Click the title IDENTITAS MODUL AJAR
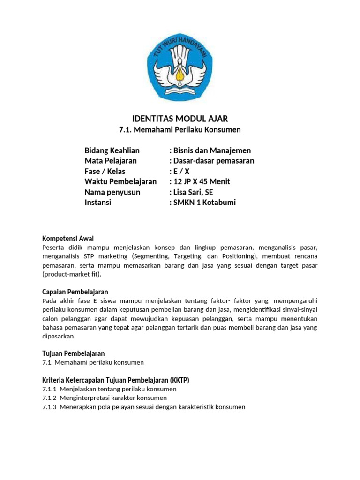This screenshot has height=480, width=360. (x=180, y=118)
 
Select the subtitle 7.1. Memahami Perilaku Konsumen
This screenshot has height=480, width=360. (x=180, y=129)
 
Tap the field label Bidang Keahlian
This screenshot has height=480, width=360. (x=112, y=150)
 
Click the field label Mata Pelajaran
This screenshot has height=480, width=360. (x=111, y=161)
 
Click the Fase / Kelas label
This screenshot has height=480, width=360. (x=105, y=171)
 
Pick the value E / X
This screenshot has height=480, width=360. (x=180, y=171)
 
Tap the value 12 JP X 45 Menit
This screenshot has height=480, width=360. (x=201, y=181)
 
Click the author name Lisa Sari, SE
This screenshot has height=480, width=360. (x=194, y=192)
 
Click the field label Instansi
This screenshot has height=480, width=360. (x=98, y=202)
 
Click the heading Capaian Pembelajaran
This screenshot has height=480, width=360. (x=75, y=292)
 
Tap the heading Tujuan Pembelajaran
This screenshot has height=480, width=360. (x=74, y=353)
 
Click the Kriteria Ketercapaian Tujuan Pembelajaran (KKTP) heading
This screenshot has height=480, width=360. (x=116, y=380)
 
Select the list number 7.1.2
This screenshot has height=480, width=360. (x=49, y=398)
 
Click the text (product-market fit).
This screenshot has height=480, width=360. (x=71, y=274)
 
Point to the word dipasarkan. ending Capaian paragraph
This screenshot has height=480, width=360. (x=58, y=336)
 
